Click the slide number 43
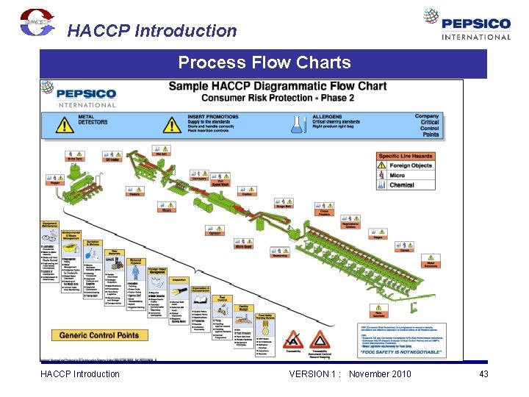click(483, 374)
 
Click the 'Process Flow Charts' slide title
click(264, 63)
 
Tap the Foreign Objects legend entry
click(411, 165)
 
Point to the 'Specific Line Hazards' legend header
click(406, 156)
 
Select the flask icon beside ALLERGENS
click(297, 124)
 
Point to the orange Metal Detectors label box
click(433, 264)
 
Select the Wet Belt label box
click(162, 154)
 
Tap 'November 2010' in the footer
click(380, 374)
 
